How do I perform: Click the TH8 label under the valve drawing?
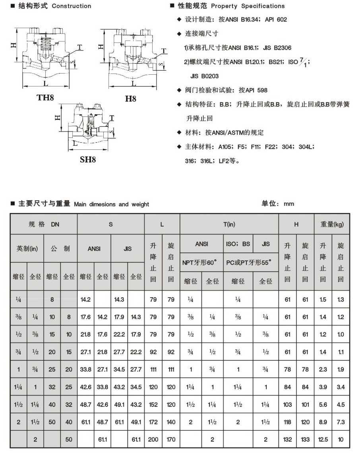pos(45,97)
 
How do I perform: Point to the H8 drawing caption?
pos(130,98)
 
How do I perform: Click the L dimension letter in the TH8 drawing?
pos(45,83)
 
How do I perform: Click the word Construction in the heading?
pos(72,6)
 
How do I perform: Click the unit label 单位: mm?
pos(278,203)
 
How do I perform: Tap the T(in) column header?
pos(229,224)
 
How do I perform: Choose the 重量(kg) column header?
pos(332,224)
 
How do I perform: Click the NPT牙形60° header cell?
pos(200,262)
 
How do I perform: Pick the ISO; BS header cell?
pos(238,244)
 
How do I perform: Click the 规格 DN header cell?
pos(44,224)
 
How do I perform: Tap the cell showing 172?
pos(153,422)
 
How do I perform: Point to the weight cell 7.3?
pos(341,422)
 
